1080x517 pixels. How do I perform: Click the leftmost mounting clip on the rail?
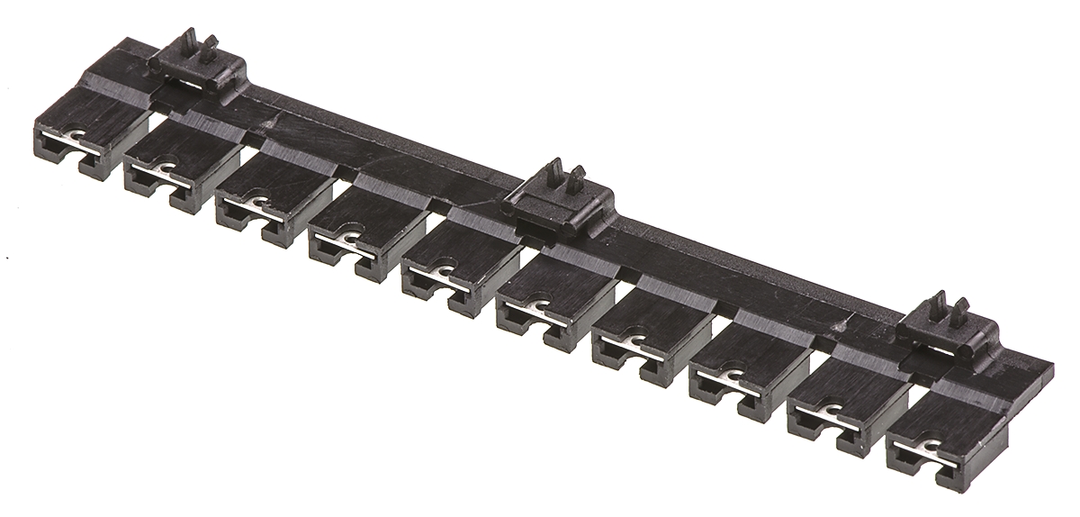pos(197,63)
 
